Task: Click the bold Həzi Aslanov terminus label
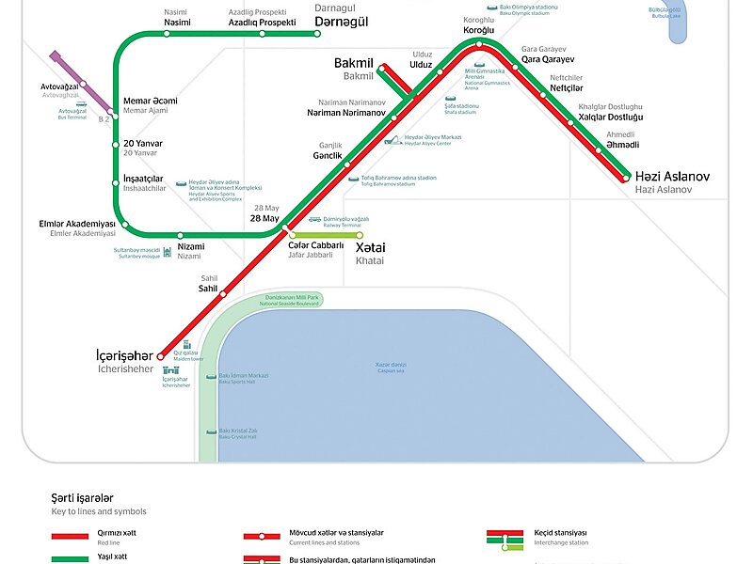pos(672,177)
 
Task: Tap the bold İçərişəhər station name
pos(123,356)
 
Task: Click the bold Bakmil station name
pos(354,63)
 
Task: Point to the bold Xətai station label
pos(370,247)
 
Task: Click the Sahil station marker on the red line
pos(223,294)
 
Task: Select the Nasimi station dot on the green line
pos(168,33)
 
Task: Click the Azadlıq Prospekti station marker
pos(262,33)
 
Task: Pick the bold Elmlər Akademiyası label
pos(76,224)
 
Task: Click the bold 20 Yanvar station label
pos(143,144)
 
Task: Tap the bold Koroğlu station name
pos(478,30)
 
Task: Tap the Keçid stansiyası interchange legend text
pos(561,532)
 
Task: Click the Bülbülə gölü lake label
pos(665,11)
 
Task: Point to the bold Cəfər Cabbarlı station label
pos(315,245)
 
